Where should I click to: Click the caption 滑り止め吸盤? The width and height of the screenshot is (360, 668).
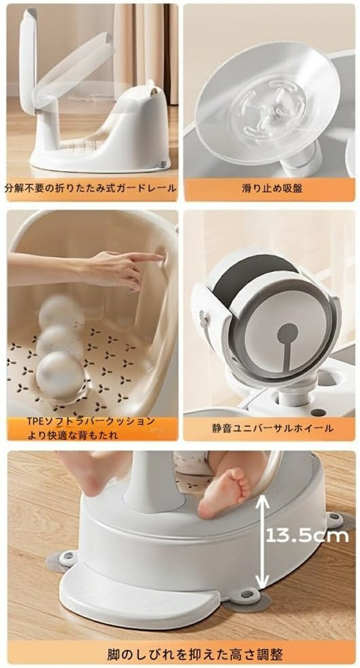point(272,188)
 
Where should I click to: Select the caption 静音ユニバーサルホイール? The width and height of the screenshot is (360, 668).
point(272,429)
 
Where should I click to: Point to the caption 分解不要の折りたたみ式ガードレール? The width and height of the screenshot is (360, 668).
point(90,188)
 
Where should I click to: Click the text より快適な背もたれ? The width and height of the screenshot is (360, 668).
point(72,435)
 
